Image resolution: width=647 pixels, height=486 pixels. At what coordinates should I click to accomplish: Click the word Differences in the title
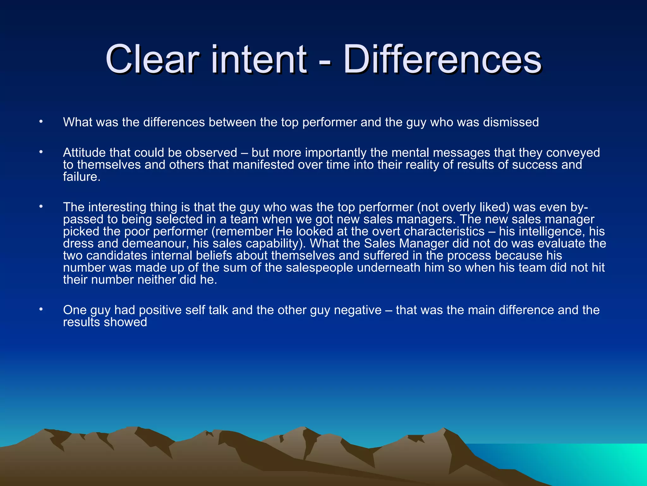442,59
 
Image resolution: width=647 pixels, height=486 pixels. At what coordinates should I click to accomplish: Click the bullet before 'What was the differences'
41,121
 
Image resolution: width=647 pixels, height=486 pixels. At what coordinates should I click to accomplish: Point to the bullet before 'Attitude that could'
41,152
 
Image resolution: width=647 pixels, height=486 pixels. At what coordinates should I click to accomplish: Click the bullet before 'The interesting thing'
41,207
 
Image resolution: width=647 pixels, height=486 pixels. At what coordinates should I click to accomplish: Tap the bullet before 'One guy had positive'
41,309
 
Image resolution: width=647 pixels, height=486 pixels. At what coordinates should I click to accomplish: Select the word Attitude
84,153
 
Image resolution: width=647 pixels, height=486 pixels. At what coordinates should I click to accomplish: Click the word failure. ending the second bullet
82,177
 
